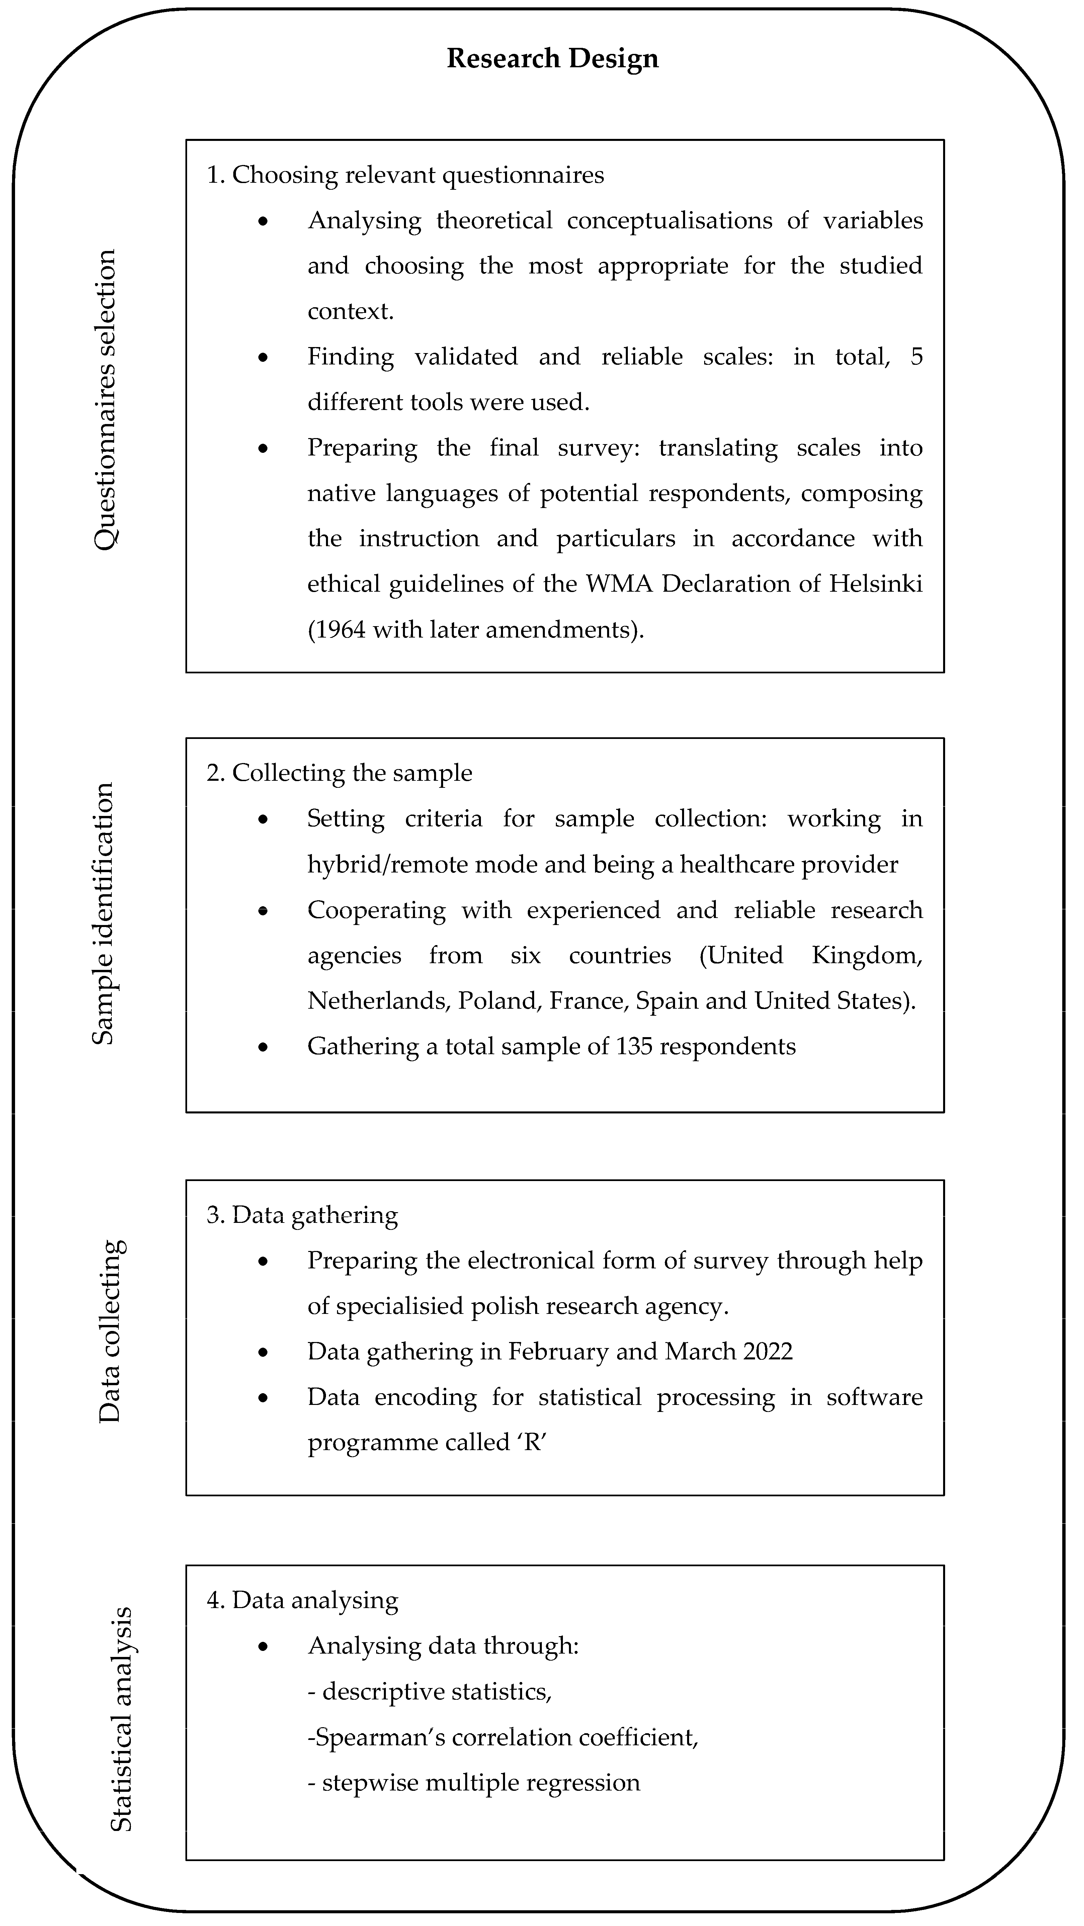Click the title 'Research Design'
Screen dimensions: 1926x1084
[x=553, y=58]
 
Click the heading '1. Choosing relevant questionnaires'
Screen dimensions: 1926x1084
[x=405, y=175]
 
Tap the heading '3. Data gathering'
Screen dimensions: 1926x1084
[x=302, y=1215]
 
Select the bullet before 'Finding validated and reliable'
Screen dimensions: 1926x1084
[x=263, y=357]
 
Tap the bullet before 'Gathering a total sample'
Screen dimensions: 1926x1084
[x=263, y=1047]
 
